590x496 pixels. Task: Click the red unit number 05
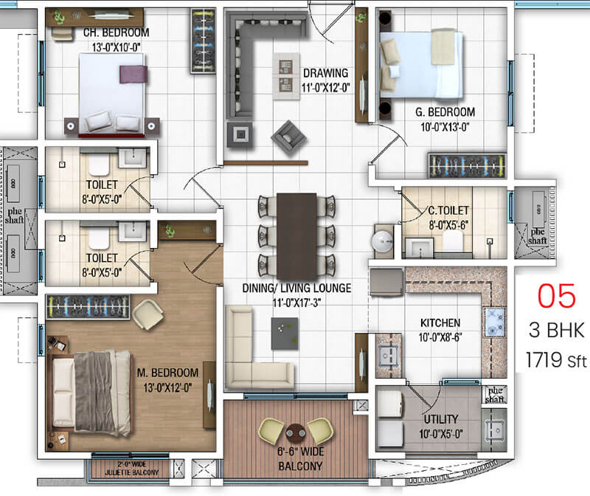pos(556,296)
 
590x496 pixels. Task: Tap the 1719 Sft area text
pos(556,360)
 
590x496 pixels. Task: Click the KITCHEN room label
pos(440,323)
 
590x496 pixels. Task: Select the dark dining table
pos(296,236)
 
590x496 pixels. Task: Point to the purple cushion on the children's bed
pos(133,75)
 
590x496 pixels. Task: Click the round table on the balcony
pos(296,433)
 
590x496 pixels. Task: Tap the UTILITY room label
pos(440,419)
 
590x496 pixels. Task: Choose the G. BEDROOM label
pos(445,112)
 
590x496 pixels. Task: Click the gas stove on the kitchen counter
pos(495,321)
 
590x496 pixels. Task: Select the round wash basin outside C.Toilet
pos(382,241)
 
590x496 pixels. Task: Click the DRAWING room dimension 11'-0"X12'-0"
pos(325,88)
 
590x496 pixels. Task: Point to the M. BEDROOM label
pos(167,373)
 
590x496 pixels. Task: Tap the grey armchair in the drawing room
pos(288,137)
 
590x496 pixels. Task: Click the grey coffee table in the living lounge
pos(285,334)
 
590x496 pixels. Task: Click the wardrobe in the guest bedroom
pos(467,165)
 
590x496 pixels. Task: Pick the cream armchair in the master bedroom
pos(147,314)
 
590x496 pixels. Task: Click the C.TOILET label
pos(448,210)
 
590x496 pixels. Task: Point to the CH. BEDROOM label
pos(116,32)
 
